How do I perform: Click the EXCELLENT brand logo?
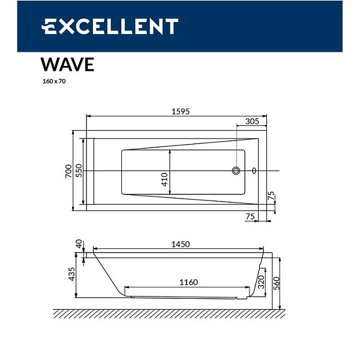tap(109, 26)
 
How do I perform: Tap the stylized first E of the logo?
tap(50, 26)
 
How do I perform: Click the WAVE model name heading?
tap(67, 64)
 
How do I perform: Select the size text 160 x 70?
tap(54, 82)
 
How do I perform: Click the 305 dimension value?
tap(252, 121)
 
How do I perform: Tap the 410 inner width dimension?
tap(165, 178)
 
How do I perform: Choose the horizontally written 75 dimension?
tap(250, 216)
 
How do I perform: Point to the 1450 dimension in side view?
tap(180, 244)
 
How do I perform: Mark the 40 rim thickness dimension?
tap(79, 244)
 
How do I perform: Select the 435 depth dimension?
tap(72, 274)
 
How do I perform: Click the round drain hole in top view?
tap(236, 171)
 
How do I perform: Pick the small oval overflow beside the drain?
tap(254, 171)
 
